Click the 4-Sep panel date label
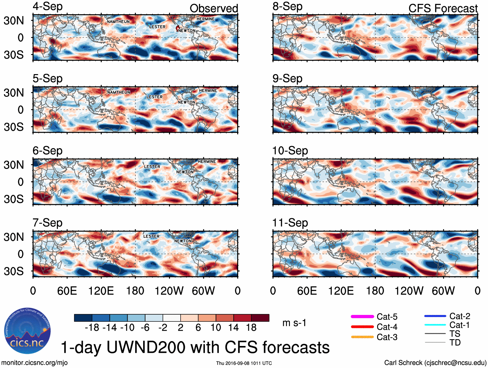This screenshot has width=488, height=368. tap(48, 7)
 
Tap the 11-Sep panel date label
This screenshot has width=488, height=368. tap(290, 223)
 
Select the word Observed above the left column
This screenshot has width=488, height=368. tap(214, 8)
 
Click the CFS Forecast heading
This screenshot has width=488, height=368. tap(443, 8)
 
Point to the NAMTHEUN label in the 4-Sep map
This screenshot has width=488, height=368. tap(118, 22)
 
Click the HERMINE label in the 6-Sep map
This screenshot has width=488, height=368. tap(207, 162)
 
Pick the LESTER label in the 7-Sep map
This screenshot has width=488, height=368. tap(151, 236)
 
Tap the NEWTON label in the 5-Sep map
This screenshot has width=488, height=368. tap(186, 102)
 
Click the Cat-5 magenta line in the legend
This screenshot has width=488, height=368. tap(362, 317)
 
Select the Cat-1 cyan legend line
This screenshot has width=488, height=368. tap(435, 325)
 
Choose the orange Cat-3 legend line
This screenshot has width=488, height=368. tap(362, 337)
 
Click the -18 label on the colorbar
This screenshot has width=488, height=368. tap(92, 328)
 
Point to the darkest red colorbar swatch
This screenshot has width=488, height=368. tap(260, 318)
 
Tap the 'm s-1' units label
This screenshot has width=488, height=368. tap(294, 323)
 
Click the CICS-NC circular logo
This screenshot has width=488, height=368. tap(27, 331)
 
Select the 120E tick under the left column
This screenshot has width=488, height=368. tap(101, 291)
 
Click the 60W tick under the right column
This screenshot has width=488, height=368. tap(443, 291)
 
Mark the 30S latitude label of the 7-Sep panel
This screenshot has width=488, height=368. tap(14, 271)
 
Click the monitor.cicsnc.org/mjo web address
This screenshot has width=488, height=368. tap(35, 363)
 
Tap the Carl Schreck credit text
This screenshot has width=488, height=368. tap(435, 363)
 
